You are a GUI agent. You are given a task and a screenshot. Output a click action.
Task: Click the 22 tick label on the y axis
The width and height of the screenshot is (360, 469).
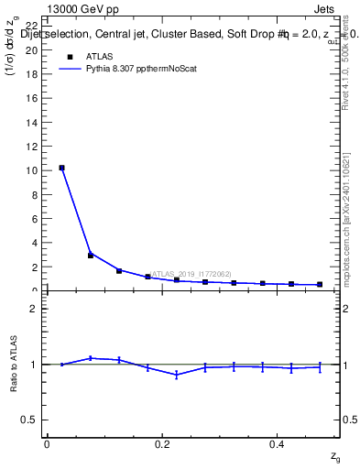32,26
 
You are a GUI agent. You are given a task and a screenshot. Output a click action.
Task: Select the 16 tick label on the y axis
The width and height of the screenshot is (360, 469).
32,98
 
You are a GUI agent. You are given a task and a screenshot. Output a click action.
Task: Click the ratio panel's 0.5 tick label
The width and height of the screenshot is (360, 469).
30,420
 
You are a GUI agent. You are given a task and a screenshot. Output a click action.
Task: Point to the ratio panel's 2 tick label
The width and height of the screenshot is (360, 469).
35,309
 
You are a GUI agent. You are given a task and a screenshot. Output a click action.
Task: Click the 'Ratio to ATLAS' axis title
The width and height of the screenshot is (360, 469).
14,364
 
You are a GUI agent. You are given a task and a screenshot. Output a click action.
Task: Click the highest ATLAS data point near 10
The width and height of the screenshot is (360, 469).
61,168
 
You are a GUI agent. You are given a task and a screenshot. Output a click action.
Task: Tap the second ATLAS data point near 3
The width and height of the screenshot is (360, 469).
91,255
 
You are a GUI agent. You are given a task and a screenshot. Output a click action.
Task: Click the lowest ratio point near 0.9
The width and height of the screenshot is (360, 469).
177,375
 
